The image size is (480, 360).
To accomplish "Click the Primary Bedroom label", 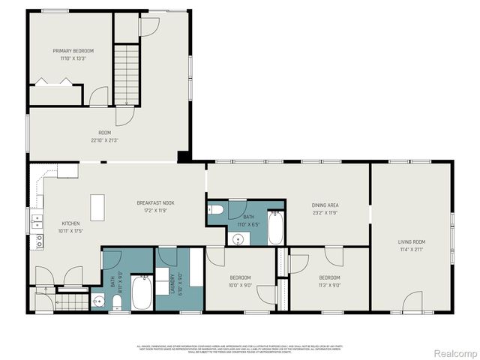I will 73,50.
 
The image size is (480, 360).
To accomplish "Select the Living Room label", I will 411,241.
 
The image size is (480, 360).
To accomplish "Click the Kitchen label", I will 70,223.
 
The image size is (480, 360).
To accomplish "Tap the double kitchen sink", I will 36,221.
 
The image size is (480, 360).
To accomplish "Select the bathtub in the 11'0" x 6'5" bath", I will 275,228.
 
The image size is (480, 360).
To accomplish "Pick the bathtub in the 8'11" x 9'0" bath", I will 141,293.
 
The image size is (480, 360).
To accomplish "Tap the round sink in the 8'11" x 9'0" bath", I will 97,301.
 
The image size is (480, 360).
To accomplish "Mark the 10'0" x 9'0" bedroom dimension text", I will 241,285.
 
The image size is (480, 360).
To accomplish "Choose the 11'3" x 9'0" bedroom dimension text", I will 330,285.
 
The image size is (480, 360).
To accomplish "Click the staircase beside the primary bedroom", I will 127,67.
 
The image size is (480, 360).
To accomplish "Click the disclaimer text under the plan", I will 239,349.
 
